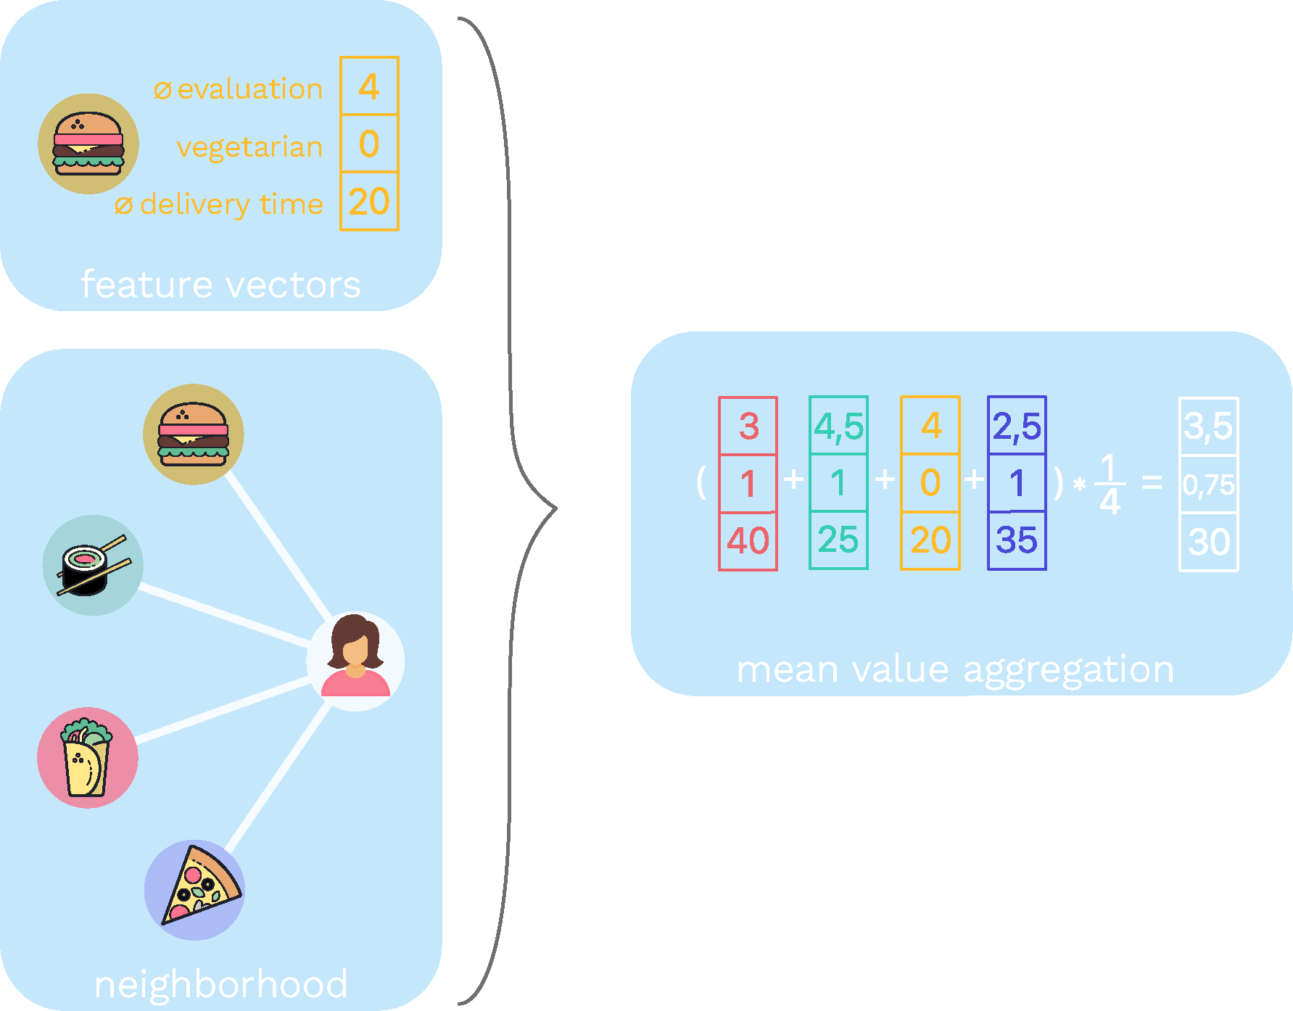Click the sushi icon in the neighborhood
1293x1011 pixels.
coord(93,566)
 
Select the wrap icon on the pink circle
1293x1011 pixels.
coord(88,758)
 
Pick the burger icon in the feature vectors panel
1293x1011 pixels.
coord(88,144)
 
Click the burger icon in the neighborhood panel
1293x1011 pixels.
coord(194,434)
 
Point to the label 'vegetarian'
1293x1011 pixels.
coord(249,147)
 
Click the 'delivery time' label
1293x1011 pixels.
coord(231,205)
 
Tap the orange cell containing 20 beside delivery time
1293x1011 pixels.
coord(369,202)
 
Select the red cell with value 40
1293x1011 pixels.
coord(748,541)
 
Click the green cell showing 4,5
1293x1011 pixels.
coord(838,426)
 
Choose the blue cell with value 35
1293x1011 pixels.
coord(1017,541)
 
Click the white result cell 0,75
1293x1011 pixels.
coord(1208,484)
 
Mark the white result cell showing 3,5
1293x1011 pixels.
coord(1208,426)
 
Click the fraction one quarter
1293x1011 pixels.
coord(1110,484)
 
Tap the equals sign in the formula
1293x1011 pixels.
coord(1152,482)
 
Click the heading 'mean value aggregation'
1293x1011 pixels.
coord(954,669)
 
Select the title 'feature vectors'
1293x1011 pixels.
coord(220,284)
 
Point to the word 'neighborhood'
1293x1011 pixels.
coord(221,984)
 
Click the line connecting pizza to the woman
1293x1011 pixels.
coord(279,776)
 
